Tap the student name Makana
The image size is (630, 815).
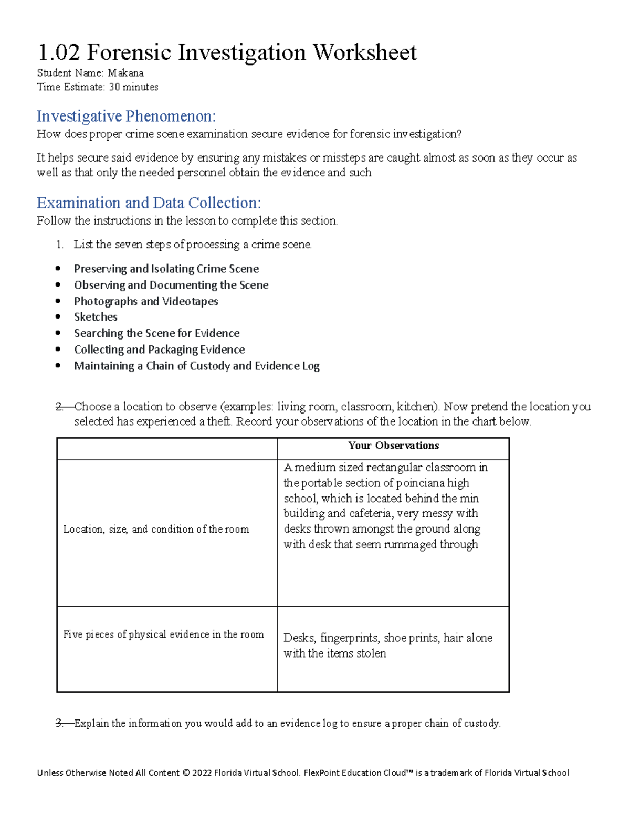coord(125,73)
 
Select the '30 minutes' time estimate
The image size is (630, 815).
coord(133,87)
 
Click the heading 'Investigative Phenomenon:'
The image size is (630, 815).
coord(126,115)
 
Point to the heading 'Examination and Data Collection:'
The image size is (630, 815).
coord(149,203)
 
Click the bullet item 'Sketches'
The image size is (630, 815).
coord(96,317)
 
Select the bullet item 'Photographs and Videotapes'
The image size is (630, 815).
coord(146,301)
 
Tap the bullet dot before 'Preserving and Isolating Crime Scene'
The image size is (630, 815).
coord(58,269)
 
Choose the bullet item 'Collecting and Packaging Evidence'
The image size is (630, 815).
coord(159,350)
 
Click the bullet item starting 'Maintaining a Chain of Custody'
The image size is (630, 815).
coord(196,366)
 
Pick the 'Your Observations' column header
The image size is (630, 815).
coord(393,446)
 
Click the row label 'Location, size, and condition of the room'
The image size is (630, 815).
coord(156,530)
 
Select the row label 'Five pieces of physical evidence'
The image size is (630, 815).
coord(163,634)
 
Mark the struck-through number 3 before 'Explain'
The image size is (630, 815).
coord(60,724)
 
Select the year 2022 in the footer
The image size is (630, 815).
coord(202,773)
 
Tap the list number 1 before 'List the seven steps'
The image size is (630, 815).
coord(59,245)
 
